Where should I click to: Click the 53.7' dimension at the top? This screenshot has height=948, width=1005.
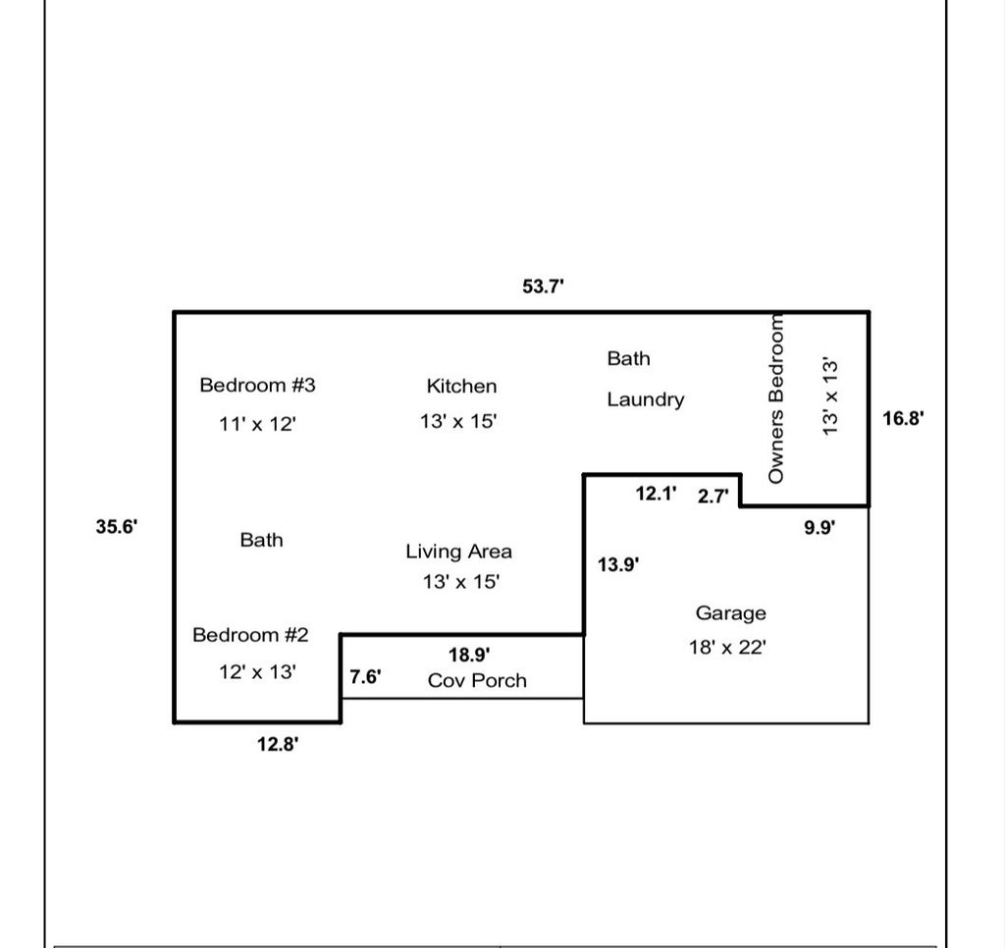pyautogui.click(x=543, y=287)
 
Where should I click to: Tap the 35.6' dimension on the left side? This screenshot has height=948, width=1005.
pyautogui.click(x=117, y=527)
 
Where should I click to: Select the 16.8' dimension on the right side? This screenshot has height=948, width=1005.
pyautogui.click(x=903, y=419)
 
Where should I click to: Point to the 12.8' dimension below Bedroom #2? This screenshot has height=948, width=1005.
pyautogui.click(x=278, y=745)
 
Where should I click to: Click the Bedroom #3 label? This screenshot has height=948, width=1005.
pyautogui.click(x=257, y=385)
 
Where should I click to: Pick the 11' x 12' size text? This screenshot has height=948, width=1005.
pyautogui.click(x=257, y=425)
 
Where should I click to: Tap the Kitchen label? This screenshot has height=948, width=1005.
pyautogui.click(x=461, y=387)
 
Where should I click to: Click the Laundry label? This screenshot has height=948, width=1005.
pyautogui.click(x=645, y=399)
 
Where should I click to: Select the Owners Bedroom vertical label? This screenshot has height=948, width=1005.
pyautogui.click(x=776, y=398)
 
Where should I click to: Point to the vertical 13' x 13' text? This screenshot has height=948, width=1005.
pyautogui.click(x=830, y=395)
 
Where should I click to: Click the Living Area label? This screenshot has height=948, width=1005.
pyautogui.click(x=458, y=552)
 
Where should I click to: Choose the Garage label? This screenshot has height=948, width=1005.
pyautogui.click(x=730, y=613)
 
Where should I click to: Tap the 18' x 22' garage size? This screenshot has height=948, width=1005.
pyautogui.click(x=727, y=648)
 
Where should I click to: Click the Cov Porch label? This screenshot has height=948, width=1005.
pyautogui.click(x=477, y=681)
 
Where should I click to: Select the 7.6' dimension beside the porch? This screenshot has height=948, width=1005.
pyautogui.click(x=365, y=677)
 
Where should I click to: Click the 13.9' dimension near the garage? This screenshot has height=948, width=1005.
pyautogui.click(x=619, y=564)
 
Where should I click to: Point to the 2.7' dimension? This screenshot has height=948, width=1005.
pyautogui.click(x=714, y=497)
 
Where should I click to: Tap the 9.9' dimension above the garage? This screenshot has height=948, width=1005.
pyautogui.click(x=820, y=528)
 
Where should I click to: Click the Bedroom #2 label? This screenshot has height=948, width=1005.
pyautogui.click(x=250, y=635)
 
